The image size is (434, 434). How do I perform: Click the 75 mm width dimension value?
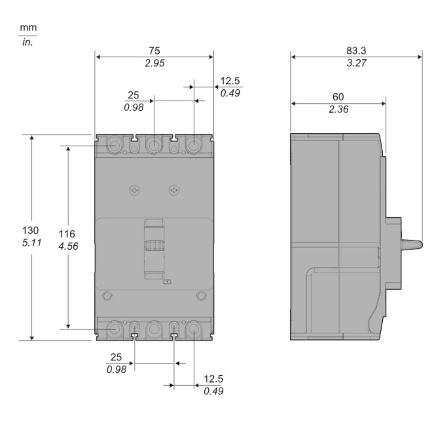155,51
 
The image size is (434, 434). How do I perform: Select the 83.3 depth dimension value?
356,51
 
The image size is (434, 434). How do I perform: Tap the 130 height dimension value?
30,230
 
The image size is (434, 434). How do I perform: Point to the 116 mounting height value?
67,234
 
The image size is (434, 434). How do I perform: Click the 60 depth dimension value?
338,97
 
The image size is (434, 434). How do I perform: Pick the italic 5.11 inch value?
32,243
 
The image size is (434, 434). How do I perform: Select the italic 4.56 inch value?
69,246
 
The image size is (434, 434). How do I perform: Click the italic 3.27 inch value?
356,63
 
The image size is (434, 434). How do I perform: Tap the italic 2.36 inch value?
339,109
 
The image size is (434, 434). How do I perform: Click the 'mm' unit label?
28,28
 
